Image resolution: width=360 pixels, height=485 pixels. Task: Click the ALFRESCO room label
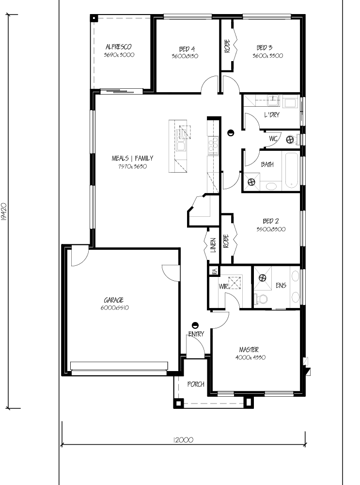pos(119,47)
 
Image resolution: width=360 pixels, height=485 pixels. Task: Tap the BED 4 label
pos(187,49)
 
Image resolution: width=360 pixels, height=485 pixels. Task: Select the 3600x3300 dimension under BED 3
pos(267,56)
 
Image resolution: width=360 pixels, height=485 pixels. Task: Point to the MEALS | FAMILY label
pos(132,159)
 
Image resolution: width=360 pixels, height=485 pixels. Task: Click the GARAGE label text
pos(114,300)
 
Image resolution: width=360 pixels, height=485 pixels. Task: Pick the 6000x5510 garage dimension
pos(115,308)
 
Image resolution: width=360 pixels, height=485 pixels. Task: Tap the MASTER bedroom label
pos(249,350)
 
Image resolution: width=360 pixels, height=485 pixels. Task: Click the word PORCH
pos(196,384)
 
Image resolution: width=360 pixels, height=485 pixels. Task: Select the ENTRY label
pos(196,334)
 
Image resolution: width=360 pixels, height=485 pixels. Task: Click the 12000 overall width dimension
pos(183,440)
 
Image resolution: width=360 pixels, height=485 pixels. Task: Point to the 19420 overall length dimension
pos(4,212)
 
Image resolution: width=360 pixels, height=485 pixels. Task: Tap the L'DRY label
pos(272,115)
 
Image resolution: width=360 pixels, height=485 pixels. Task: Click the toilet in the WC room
pos(292,140)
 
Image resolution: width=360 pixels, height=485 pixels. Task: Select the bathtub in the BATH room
pos(291,170)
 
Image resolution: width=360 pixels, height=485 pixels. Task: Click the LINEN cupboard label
pos(213,245)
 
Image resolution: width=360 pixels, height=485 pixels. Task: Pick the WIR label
pos(223,287)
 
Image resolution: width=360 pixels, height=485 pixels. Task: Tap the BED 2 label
pos(271,221)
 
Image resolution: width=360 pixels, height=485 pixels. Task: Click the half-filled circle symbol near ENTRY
pos(195,325)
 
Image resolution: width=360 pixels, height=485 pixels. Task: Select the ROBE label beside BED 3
pos(227,46)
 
